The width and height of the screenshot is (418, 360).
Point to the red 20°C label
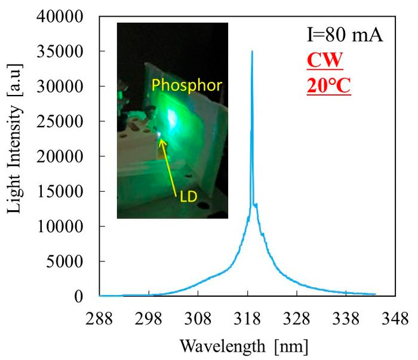(x=328, y=86)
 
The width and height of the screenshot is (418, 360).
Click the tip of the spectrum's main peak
(x=252, y=51)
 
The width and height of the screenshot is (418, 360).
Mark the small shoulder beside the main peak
(x=256, y=205)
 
